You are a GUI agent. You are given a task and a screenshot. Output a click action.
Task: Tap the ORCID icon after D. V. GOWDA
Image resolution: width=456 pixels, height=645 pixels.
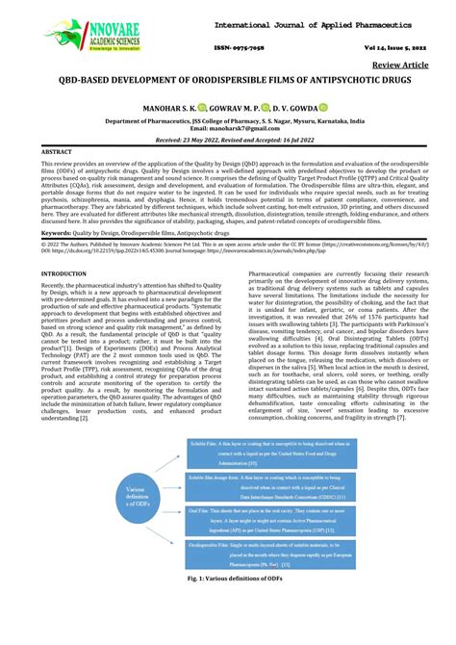click(x=324, y=109)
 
